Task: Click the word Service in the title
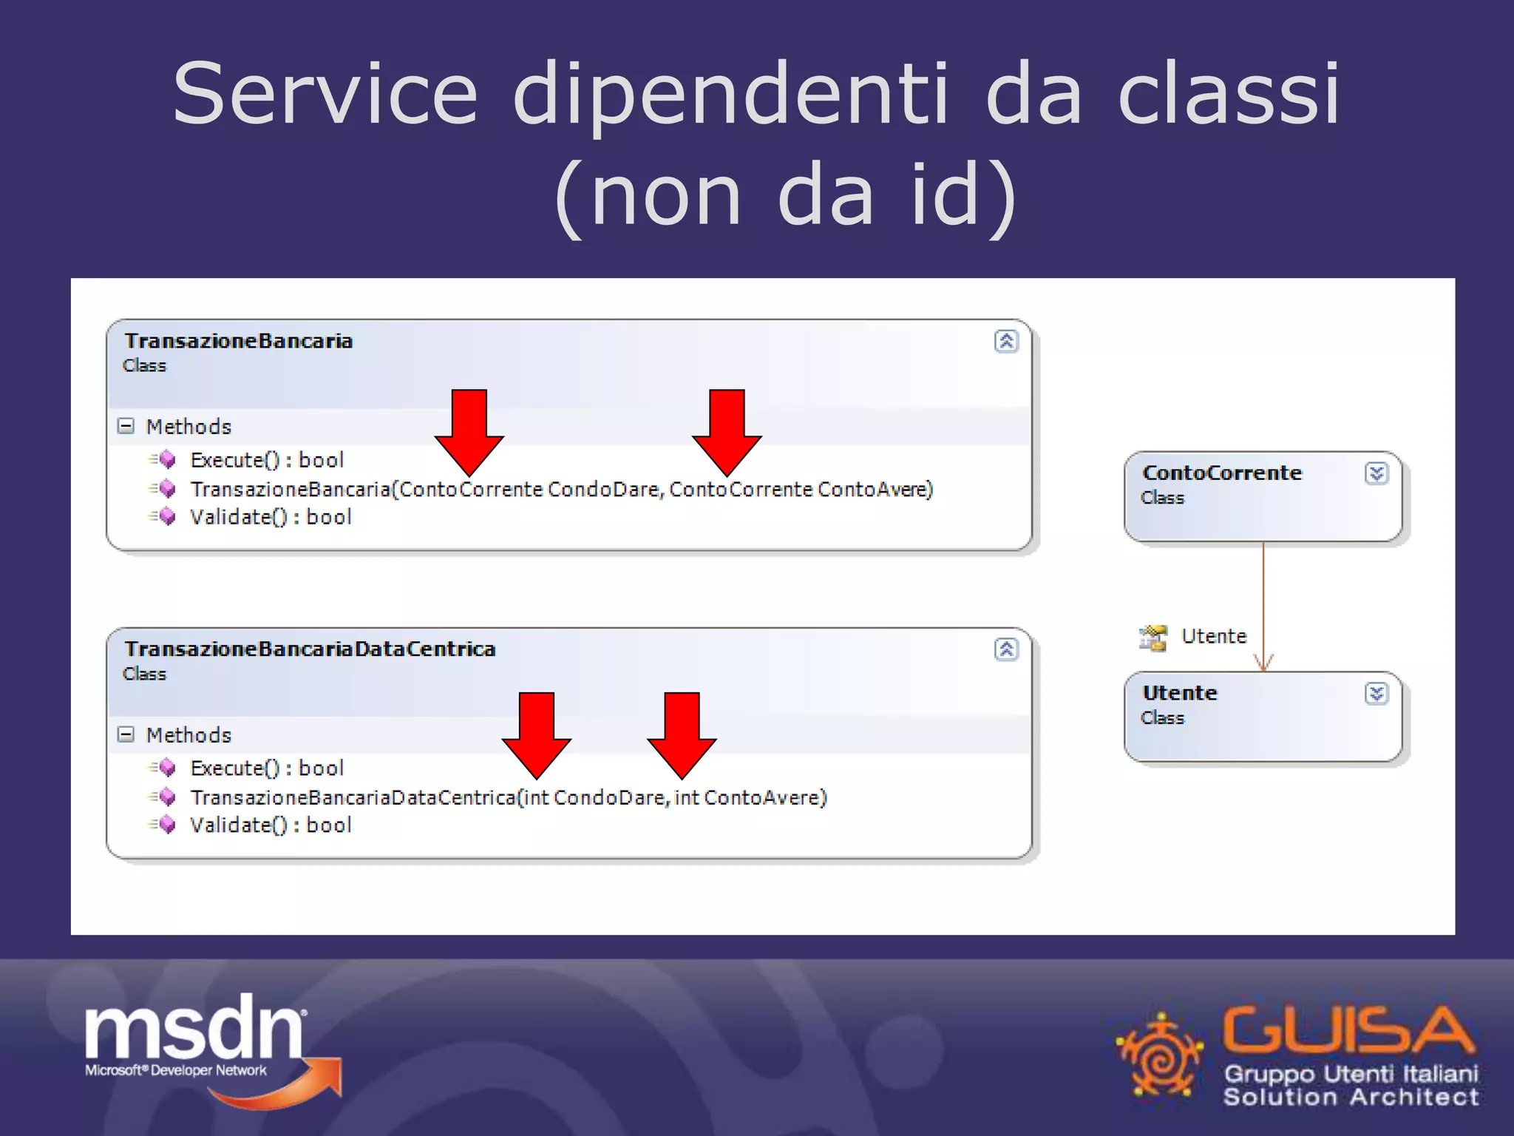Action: pyautogui.click(x=325, y=95)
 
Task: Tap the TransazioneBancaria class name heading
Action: pyautogui.click(x=238, y=341)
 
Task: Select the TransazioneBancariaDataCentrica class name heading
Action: pyautogui.click(x=310, y=649)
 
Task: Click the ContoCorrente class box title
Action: pyautogui.click(x=1221, y=473)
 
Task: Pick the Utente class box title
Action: pyautogui.click(x=1179, y=694)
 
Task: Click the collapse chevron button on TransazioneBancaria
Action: pyautogui.click(x=1006, y=341)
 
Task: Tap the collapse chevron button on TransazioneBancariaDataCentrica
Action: pyautogui.click(x=1006, y=649)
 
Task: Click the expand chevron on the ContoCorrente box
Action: pyautogui.click(x=1376, y=473)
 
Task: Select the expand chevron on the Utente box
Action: pyautogui.click(x=1376, y=694)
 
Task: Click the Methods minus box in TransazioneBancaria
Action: pyautogui.click(x=126, y=426)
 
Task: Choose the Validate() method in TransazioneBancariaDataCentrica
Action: pyautogui.click(x=271, y=825)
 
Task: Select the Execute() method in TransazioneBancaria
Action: pyautogui.click(x=266, y=460)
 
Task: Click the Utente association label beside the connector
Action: pyautogui.click(x=1213, y=636)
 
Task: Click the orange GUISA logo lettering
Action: pyautogui.click(x=1347, y=1029)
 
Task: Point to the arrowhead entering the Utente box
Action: pyautogui.click(x=1263, y=663)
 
